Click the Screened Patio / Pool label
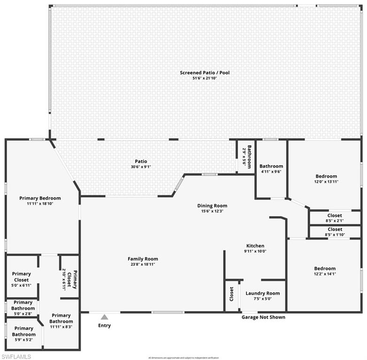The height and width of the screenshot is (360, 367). (205, 73)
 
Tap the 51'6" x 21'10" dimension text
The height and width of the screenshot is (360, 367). (205, 78)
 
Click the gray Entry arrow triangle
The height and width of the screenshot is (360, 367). (104, 317)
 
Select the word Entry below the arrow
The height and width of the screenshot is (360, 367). (104, 325)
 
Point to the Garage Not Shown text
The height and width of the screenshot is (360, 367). (263, 317)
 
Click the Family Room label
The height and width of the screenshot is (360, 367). (143, 259)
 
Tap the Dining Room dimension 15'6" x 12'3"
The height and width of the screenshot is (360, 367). (212, 211)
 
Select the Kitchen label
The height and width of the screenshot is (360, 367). (255, 246)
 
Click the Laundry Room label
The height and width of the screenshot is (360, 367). (263, 293)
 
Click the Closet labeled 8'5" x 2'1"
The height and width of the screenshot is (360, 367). (335, 218)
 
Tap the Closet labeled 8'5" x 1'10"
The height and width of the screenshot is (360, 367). (335, 232)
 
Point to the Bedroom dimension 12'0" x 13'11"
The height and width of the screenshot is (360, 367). (326, 181)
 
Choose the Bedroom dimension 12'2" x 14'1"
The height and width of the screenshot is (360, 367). (325, 274)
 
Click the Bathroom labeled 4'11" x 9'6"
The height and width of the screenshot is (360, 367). (271, 169)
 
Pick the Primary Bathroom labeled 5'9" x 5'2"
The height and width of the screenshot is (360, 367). (23, 331)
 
